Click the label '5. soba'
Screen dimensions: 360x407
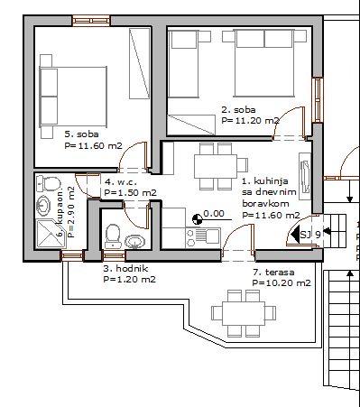pyautogui.click(x=81, y=134)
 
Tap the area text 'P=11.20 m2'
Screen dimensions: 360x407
pyautogui.click(x=251, y=121)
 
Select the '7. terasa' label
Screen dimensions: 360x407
pyautogui.click(x=273, y=273)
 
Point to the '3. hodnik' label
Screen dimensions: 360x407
pyautogui.click(x=125, y=268)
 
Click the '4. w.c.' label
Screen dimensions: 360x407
pyautogui.click(x=121, y=181)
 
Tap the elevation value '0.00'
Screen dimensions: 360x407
pyautogui.click(x=214, y=214)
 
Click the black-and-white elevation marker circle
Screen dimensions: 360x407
pyautogui.click(x=197, y=219)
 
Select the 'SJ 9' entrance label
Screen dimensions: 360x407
pyautogui.click(x=310, y=235)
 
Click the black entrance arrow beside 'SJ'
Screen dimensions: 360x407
pyautogui.click(x=295, y=234)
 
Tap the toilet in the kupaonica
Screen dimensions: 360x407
pyautogui.click(x=49, y=183)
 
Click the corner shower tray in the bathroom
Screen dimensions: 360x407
pyautogui.click(x=48, y=234)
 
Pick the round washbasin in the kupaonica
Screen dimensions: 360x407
pyautogui.click(x=43, y=205)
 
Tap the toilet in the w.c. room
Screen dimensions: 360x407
pyautogui.click(x=113, y=236)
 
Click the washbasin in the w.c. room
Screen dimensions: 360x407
pyautogui.click(x=134, y=242)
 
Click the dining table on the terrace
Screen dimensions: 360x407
pyautogui.click(x=244, y=313)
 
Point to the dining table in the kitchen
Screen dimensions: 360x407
pyautogui.click(x=216, y=166)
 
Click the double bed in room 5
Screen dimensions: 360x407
pyautogui.click(x=73, y=97)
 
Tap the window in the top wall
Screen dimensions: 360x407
pyautogui.click(x=91, y=21)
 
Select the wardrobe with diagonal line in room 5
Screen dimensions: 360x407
pyautogui.click(x=139, y=63)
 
